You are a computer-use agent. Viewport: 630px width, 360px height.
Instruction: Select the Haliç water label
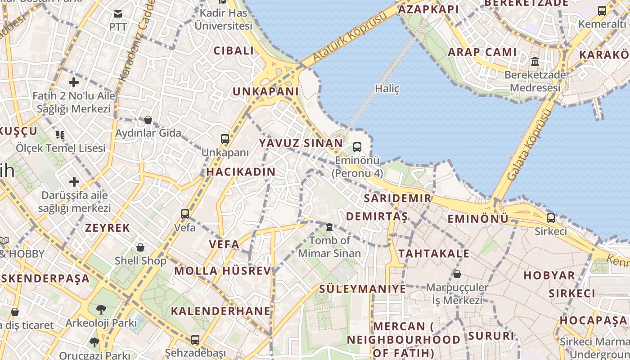pyautogui.click(x=387, y=89)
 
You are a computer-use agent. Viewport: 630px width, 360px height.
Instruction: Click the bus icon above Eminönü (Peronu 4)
pyautogui.click(x=357, y=147)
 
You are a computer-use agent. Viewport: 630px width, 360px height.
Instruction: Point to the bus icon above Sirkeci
pyautogui.click(x=551, y=218)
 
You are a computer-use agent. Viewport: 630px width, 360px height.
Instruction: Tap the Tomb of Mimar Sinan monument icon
pyautogui.click(x=329, y=227)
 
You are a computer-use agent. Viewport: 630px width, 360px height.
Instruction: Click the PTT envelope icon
pyautogui.click(x=118, y=14)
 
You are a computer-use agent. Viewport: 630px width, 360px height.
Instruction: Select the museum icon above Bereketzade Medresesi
pyautogui.click(x=535, y=61)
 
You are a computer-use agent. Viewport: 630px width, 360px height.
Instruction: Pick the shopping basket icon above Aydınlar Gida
pyautogui.click(x=148, y=120)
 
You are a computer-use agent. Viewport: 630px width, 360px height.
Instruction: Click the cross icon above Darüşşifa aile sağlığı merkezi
pyautogui.click(x=74, y=182)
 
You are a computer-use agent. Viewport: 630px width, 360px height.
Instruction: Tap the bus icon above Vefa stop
pyautogui.click(x=185, y=214)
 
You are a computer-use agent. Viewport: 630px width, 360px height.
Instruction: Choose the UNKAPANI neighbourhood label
pyautogui.click(x=265, y=91)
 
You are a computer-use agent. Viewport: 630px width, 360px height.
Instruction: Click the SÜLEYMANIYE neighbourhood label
pyautogui.click(x=363, y=289)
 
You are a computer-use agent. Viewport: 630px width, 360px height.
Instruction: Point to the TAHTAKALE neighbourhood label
pyautogui.click(x=434, y=253)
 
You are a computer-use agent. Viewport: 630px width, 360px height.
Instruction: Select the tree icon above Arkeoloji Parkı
pyautogui.click(x=101, y=310)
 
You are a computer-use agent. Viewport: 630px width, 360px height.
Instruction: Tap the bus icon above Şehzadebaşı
pyautogui.click(x=195, y=340)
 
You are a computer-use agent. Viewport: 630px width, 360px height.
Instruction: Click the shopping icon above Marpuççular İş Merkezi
pyautogui.click(x=457, y=274)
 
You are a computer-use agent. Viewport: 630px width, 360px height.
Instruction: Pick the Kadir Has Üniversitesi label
pyautogui.click(x=223, y=19)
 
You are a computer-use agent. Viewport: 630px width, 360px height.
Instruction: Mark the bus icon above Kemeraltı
pyautogui.click(x=602, y=11)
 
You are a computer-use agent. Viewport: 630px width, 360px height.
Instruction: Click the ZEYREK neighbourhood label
pyautogui.click(x=108, y=228)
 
